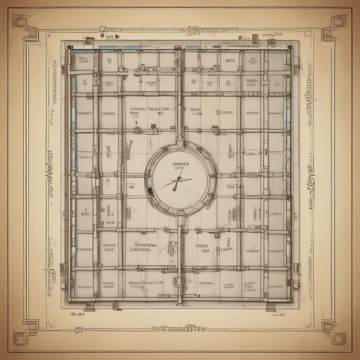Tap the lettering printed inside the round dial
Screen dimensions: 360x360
point(180,164)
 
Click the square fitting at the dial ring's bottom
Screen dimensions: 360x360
point(180,214)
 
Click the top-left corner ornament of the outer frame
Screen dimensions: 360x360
point(22,22)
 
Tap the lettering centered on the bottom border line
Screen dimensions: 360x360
point(179,329)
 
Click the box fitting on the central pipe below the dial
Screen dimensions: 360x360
point(179,281)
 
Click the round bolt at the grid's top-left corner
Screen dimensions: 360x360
point(70,47)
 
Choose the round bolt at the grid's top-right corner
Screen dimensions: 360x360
point(290,47)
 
